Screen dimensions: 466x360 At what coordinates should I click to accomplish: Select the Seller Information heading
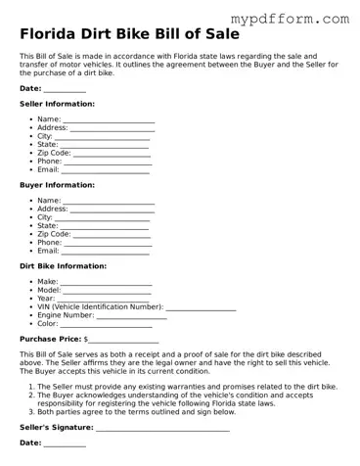(58, 103)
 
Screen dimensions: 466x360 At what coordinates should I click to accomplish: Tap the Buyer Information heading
(57, 184)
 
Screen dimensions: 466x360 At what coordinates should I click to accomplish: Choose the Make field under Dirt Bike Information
(107, 283)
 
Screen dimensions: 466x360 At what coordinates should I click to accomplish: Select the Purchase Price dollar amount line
(123, 341)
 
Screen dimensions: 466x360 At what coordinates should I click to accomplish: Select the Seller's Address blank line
(112, 128)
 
